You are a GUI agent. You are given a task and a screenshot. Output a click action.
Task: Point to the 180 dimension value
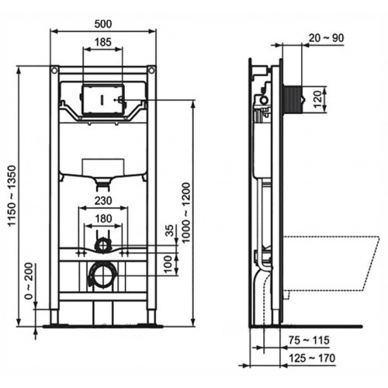102,220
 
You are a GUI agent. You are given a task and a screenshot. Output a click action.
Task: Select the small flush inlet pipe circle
101,246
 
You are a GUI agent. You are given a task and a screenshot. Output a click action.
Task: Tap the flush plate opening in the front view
102,99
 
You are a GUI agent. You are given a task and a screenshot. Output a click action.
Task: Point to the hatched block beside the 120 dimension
291,99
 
